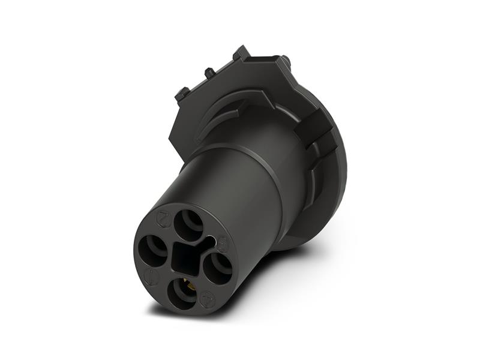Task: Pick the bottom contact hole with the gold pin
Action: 181,293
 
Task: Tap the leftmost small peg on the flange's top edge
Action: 182,93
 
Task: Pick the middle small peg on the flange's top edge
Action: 209,73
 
